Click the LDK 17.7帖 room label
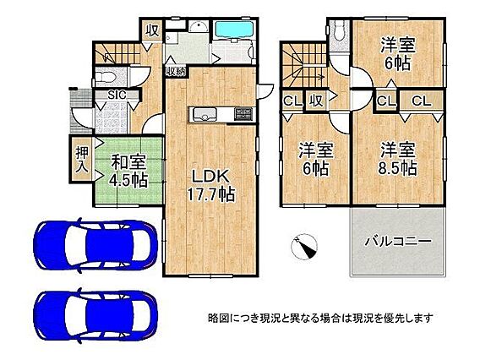point(211,185)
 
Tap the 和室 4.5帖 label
point(128,171)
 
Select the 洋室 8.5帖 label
point(398,159)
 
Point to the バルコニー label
point(398,241)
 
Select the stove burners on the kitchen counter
point(243,114)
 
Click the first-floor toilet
point(106,78)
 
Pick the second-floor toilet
point(339,30)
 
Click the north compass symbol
point(303,247)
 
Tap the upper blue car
point(95,245)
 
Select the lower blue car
point(95,316)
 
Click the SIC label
point(117,95)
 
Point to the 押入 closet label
point(82,160)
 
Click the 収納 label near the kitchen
point(176,71)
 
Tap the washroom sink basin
point(199,27)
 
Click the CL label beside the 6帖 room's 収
point(292,101)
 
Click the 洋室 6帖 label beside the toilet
point(398,54)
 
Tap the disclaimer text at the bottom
point(320,319)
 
